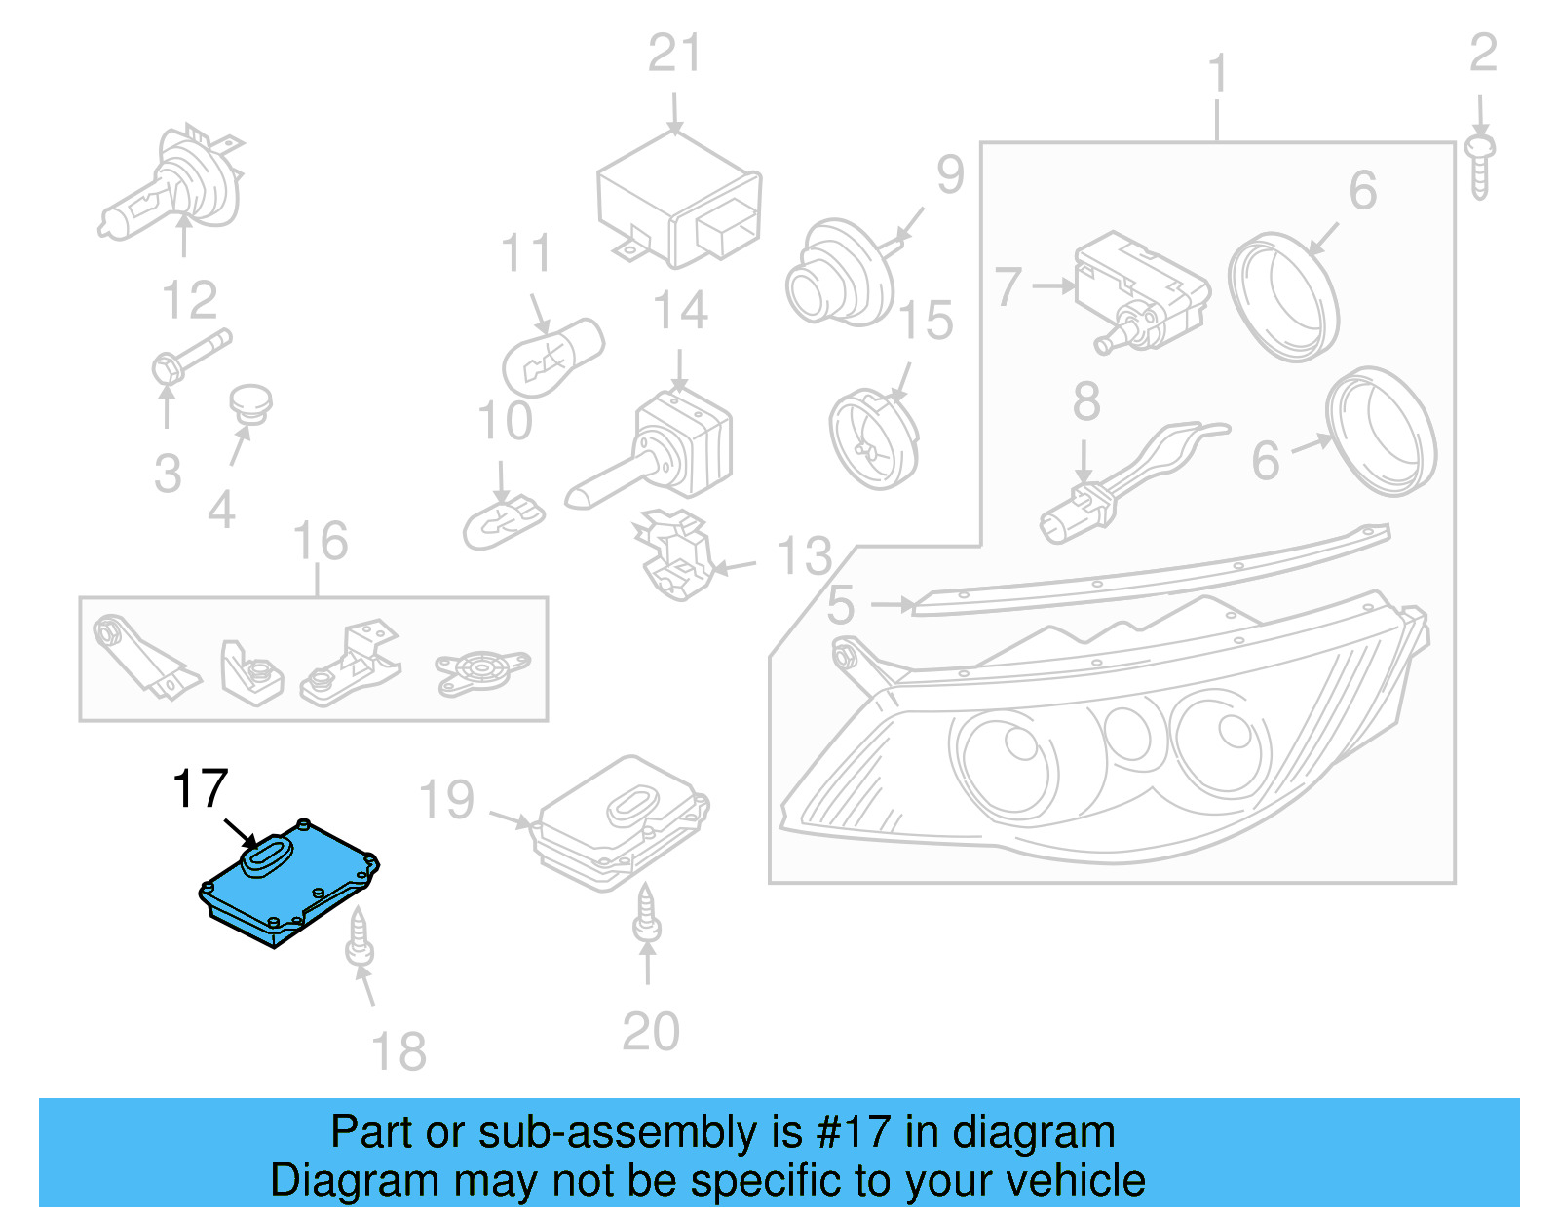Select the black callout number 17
200,789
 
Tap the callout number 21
674,54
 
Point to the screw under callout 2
1480,166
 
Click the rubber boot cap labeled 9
838,273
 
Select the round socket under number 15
874,438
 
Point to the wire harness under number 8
1130,477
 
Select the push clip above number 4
250,404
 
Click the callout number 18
399,1052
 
